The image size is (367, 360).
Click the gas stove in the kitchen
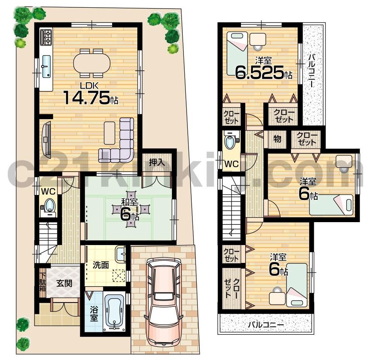[46, 37]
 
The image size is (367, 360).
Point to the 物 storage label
[277, 139]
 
